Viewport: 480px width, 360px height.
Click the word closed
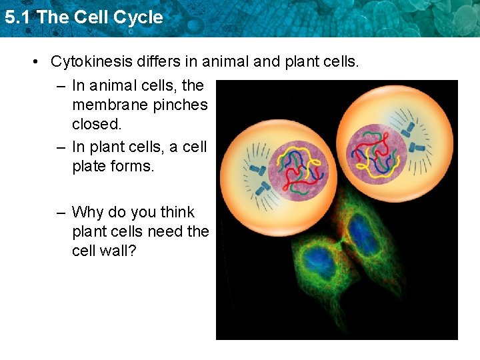97,124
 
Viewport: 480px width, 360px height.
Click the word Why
86,213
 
